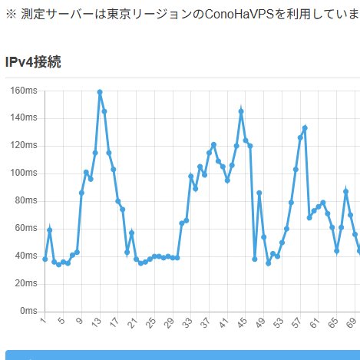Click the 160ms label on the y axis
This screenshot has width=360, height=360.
(x=24, y=91)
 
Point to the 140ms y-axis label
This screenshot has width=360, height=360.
(x=24, y=118)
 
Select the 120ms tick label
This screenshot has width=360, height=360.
(x=24, y=146)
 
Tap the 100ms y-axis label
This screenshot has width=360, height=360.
(x=24, y=173)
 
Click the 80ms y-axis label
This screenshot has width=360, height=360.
(x=26, y=201)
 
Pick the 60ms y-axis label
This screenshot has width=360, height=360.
(x=26, y=229)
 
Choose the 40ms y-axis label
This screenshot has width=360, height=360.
(x=26, y=256)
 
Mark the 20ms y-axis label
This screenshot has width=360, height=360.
(x=26, y=284)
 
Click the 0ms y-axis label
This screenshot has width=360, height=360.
(x=28, y=311)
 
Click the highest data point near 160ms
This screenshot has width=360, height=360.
(x=100, y=92)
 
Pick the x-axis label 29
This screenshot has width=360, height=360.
(x=170, y=322)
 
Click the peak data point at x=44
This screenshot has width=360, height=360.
(x=241, y=111)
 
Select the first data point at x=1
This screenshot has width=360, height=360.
(x=45, y=259)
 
